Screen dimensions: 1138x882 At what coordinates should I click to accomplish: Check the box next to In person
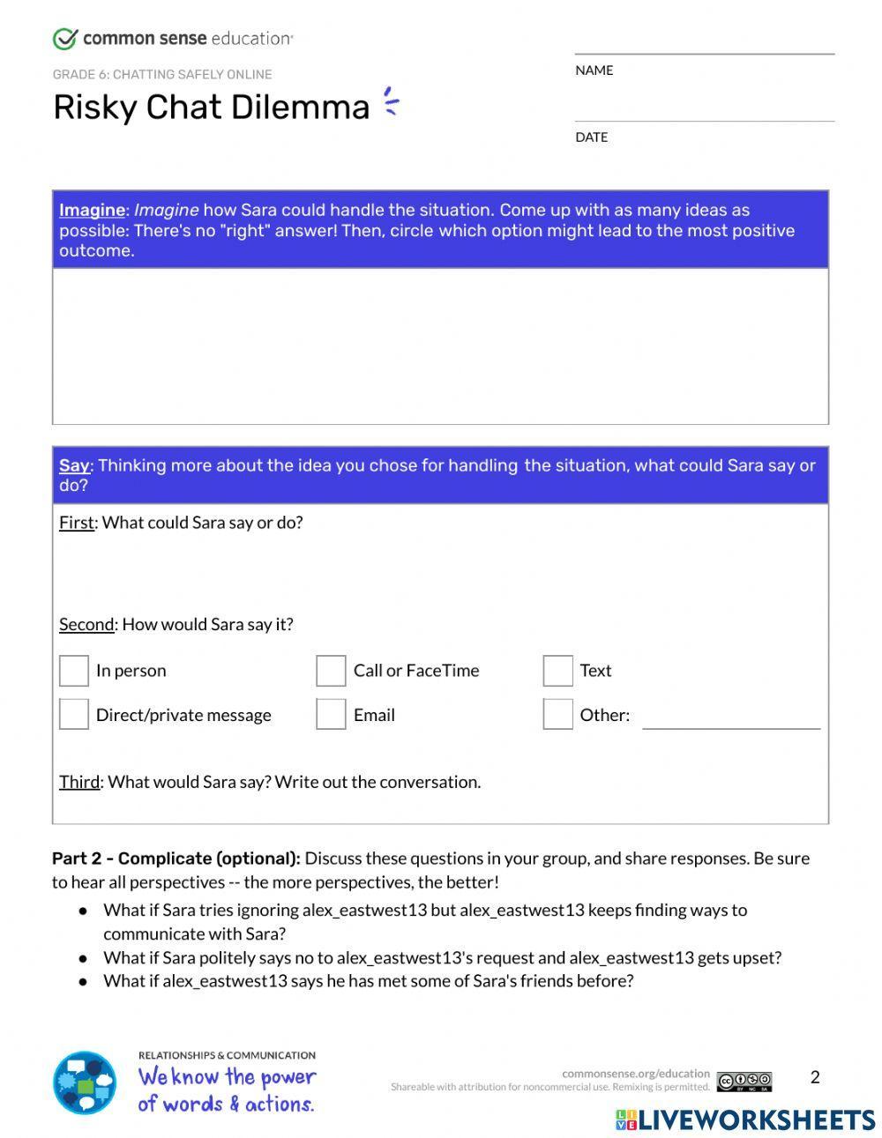click(74, 670)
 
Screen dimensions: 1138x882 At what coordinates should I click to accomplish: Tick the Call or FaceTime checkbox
click(331, 670)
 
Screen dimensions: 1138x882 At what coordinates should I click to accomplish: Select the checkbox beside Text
click(557, 670)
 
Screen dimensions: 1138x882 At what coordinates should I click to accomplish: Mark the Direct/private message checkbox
click(74, 714)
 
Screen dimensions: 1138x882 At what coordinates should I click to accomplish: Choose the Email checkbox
click(331, 714)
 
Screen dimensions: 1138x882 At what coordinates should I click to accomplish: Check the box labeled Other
click(557, 714)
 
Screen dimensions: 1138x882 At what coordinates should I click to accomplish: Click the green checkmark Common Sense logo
click(65, 39)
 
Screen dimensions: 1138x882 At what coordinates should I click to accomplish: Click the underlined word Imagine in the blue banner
click(92, 210)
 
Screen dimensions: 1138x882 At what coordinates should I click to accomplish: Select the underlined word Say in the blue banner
click(74, 465)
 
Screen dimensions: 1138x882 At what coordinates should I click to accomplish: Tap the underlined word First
click(76, 522)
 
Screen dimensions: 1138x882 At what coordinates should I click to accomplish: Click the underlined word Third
click(78, 782)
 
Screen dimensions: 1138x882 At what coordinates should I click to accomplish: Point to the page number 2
click(815, 1076)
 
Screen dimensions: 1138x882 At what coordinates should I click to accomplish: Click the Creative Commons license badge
click(744, 1082)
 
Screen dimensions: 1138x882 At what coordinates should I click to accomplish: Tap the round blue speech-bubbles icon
click(85, 1082)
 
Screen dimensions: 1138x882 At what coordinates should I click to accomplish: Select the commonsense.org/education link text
click(635, 1074)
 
